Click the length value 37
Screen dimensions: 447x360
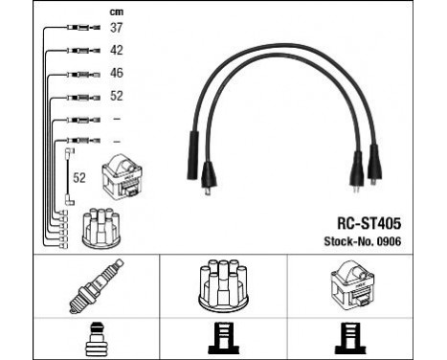(116, 29)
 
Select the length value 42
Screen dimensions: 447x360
(116, 51)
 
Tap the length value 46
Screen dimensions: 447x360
(116, 73)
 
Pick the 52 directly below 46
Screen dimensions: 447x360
(116, 95)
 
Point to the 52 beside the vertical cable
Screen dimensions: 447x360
(80, 177)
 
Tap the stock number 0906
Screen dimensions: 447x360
(388, 241)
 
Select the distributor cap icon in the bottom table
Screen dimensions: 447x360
(223, 284)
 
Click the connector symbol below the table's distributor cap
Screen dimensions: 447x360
(223, 338)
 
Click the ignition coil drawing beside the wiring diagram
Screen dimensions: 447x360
(123, 175)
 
